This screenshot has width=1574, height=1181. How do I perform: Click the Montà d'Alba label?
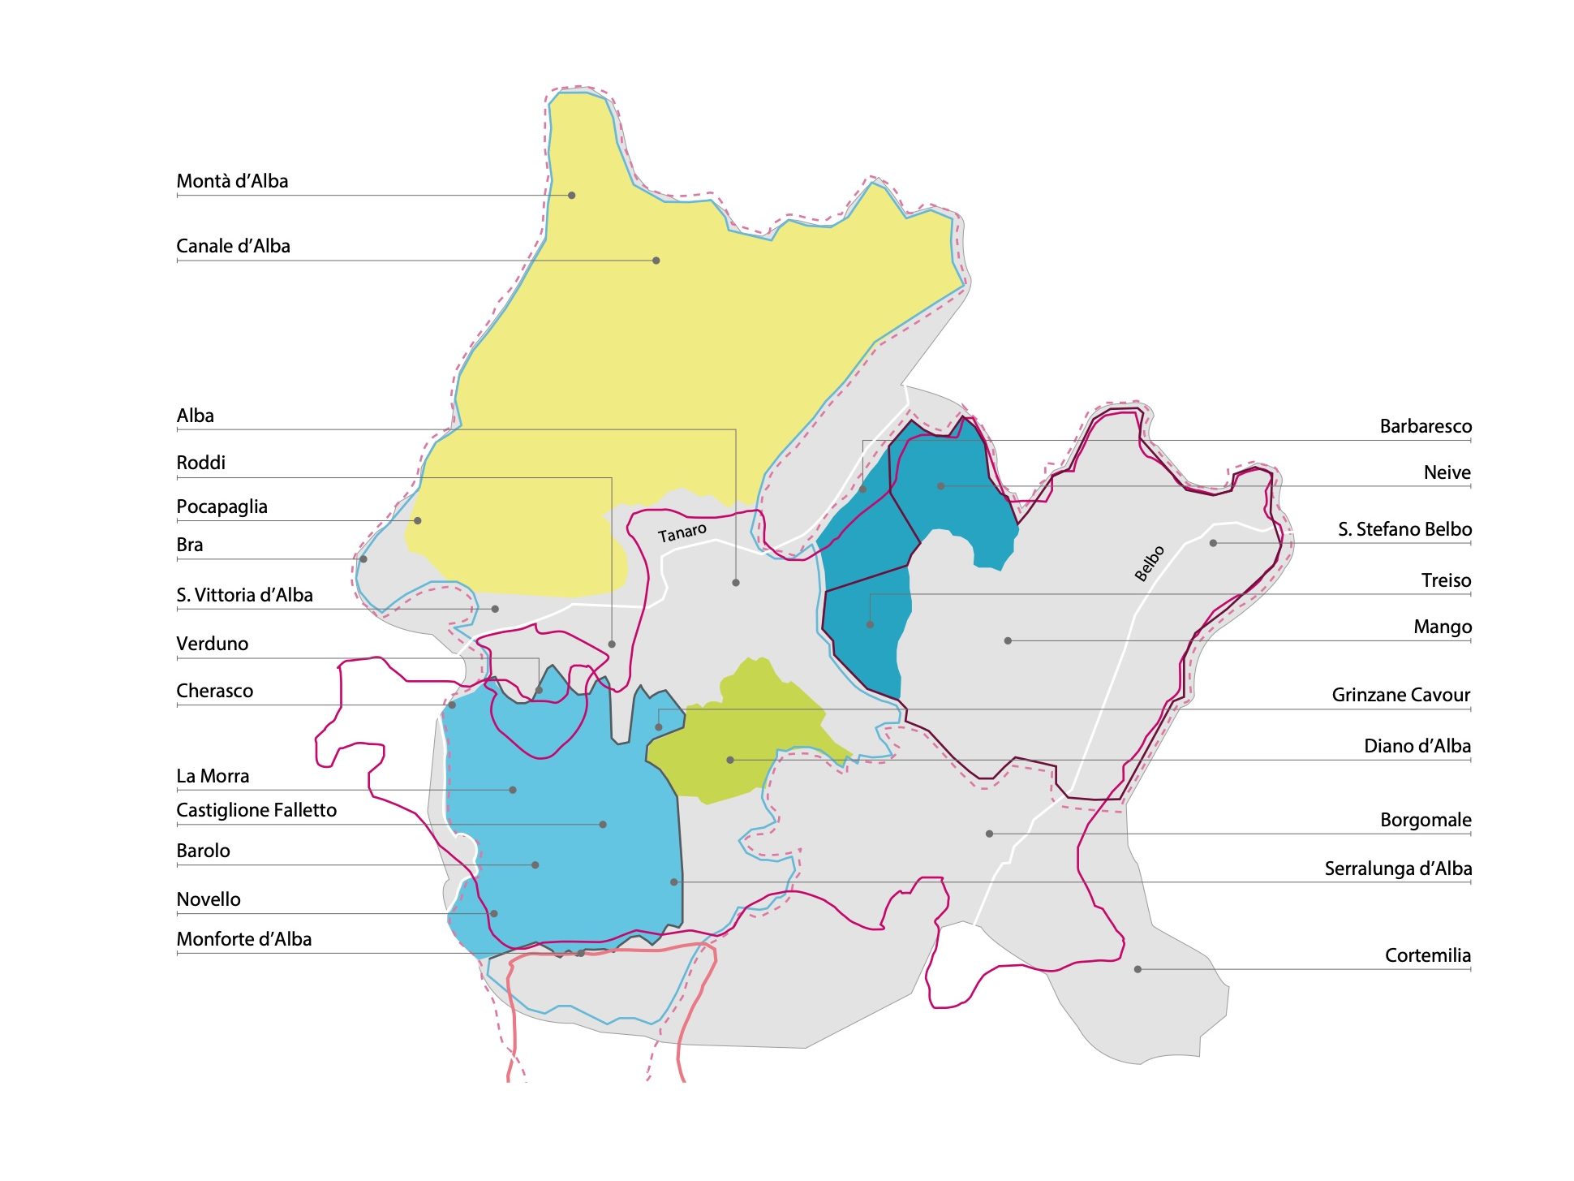[232, 181]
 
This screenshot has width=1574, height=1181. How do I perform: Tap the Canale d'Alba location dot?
[656, 261]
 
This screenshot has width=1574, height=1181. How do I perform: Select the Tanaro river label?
[682, 533]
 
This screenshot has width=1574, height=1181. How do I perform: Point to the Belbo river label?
[1149, 563]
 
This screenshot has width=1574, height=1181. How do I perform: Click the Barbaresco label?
[1425, 426]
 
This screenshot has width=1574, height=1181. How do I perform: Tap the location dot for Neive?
[940, 486]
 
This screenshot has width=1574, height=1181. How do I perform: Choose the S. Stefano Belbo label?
[1404, 529]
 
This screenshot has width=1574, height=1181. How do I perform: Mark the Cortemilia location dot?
[1137, 969]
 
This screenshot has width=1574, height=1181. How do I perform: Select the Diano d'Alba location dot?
[730, 760]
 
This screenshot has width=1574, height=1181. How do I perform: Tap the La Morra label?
[213, 776]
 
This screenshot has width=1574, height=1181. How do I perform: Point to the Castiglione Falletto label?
[256, 810]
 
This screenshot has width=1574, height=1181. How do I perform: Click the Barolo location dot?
[535, 865]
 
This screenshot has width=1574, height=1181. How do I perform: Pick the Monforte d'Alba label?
[243, 939]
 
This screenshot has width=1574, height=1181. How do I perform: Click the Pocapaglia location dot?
[417, 520]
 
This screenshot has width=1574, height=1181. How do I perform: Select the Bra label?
[190, 545]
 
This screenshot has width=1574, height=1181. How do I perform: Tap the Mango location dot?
[1008, 640]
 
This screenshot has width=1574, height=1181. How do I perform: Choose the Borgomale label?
[1425, 820]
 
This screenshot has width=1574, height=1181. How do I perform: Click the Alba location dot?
[735, 583]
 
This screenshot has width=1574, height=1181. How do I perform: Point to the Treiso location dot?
[870, 624]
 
